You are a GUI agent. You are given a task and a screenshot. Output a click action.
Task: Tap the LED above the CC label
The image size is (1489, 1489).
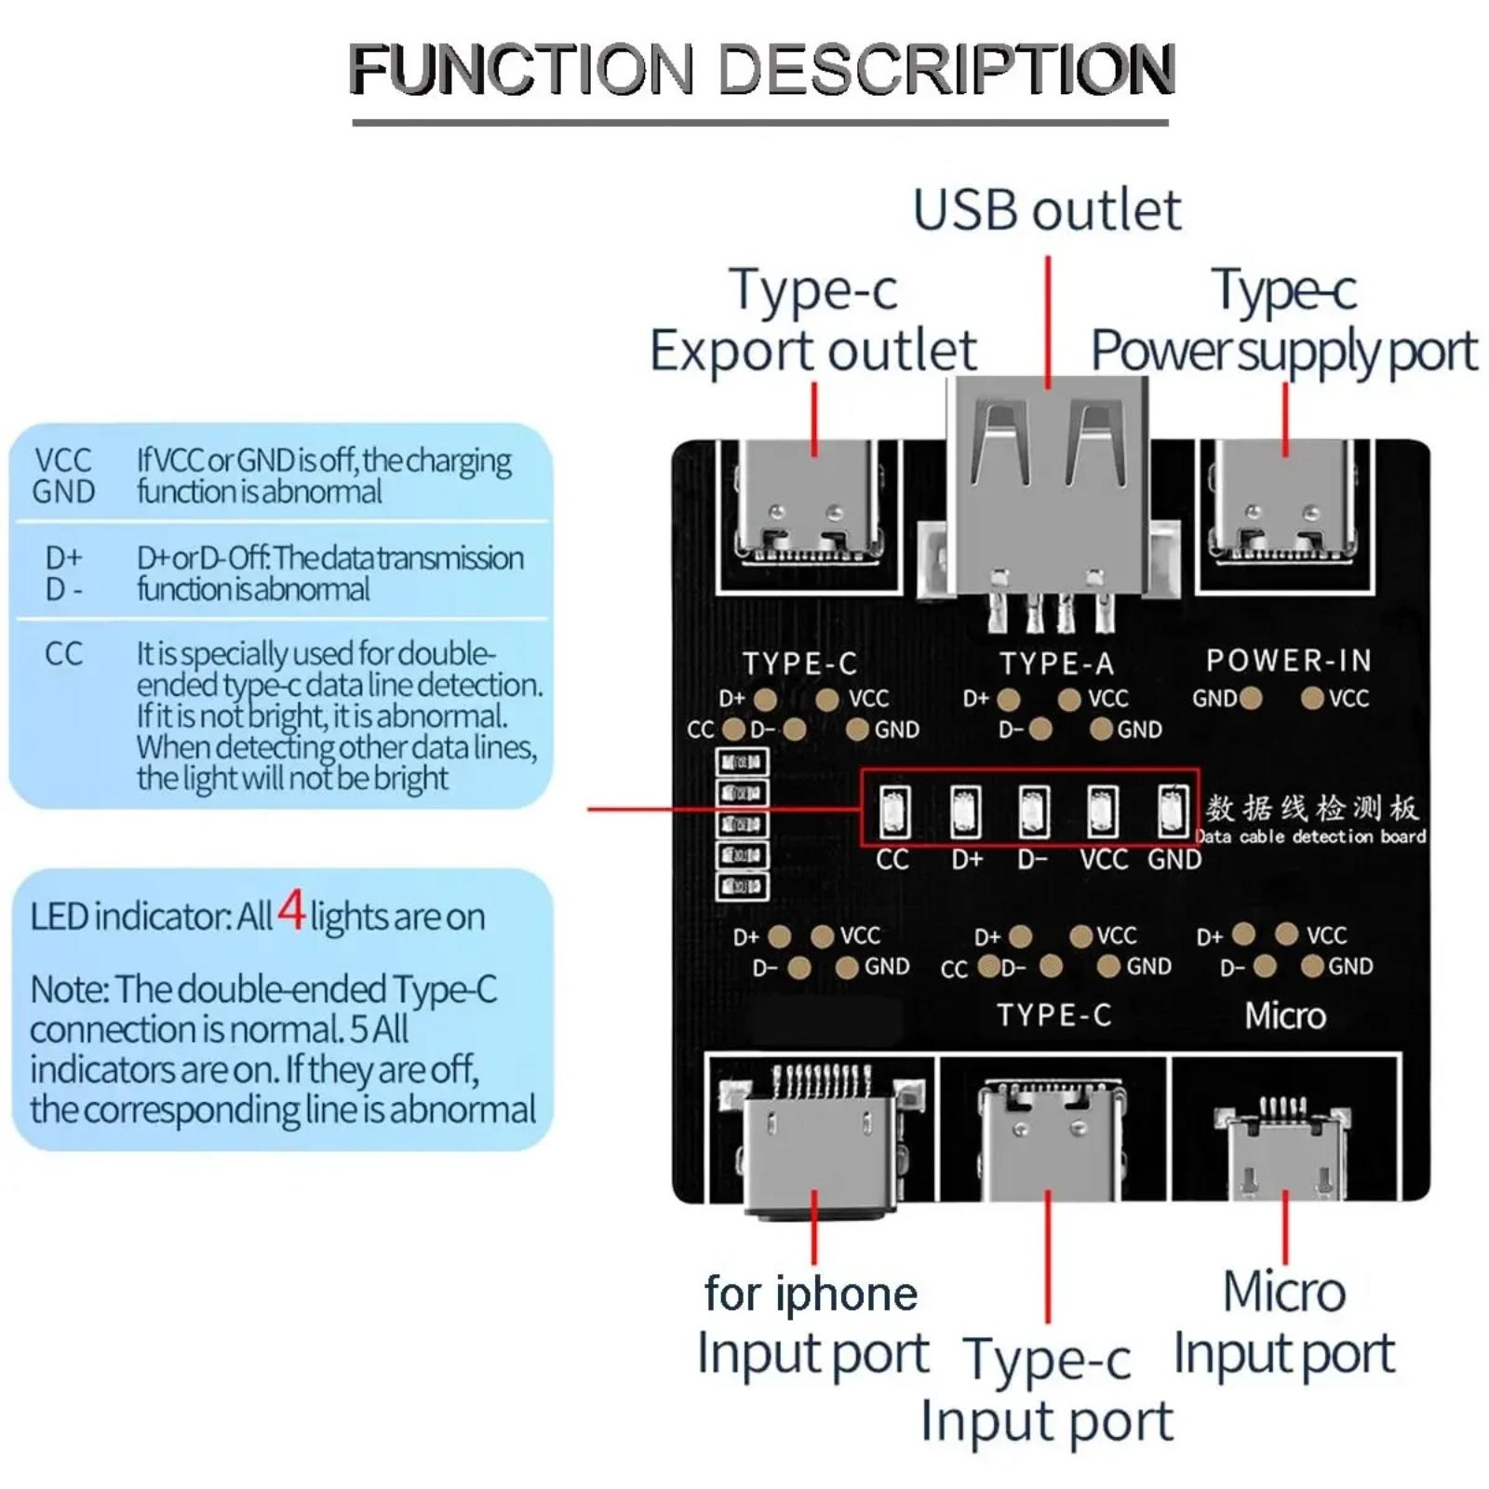click(894, 812)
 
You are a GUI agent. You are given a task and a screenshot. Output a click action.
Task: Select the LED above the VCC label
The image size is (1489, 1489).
click(1103, 812)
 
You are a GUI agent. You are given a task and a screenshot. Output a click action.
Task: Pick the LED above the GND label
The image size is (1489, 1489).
click(1172, 812)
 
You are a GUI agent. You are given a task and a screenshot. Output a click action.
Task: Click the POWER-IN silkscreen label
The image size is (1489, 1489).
click(1289, 660)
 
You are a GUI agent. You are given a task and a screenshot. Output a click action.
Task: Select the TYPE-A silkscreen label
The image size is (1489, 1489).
click(1056, 664)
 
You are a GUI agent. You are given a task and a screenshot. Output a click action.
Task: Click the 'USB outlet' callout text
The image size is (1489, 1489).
click(1047, 210)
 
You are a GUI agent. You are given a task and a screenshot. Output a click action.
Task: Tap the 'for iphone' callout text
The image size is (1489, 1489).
click(811, 1293)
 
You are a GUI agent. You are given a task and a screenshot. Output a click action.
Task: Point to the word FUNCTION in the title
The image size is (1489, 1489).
click(522, 68)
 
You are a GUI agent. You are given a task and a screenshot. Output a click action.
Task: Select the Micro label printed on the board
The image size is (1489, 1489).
click(1285, 1015)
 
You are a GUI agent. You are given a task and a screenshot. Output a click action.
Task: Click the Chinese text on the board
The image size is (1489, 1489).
click(1312, 808)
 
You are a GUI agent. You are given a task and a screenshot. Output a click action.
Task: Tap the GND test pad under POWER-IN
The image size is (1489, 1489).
click(1251, 698)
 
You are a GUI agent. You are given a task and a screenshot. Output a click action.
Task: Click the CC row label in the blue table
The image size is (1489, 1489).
click(63, 654)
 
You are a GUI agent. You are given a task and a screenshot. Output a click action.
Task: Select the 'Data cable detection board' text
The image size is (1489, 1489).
click(1311, 837)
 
